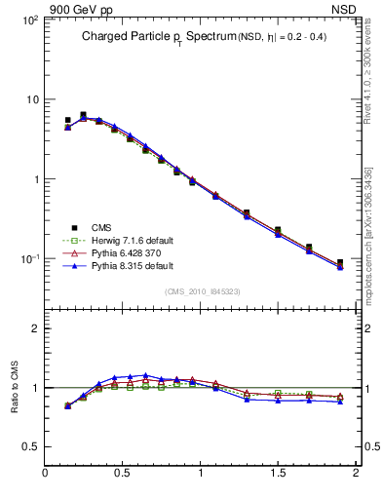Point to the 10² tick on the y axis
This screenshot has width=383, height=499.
coord(28,19)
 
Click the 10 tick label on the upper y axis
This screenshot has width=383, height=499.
coord(31,99)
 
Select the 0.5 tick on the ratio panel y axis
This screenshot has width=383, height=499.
coord(29,446)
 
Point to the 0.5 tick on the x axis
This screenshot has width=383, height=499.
coord(123,475)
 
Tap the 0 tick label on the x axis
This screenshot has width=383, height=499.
coord(46,475)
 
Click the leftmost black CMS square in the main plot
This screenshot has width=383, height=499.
coord(67,121)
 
